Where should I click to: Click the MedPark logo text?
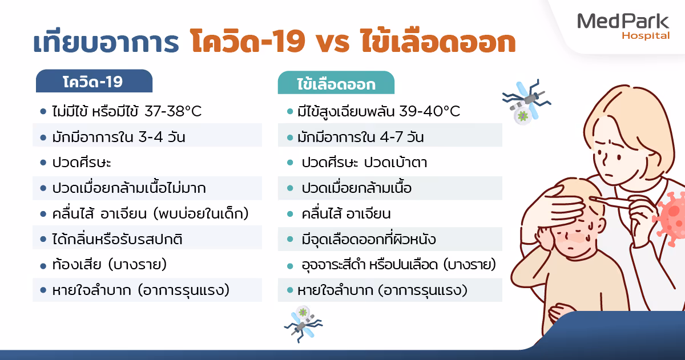[x=623, y=22]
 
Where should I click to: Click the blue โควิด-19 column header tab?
[x=94, y=81]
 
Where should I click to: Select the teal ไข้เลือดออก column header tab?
[x=336, y=84]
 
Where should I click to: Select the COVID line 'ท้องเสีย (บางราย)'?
[x=109, y=265]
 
